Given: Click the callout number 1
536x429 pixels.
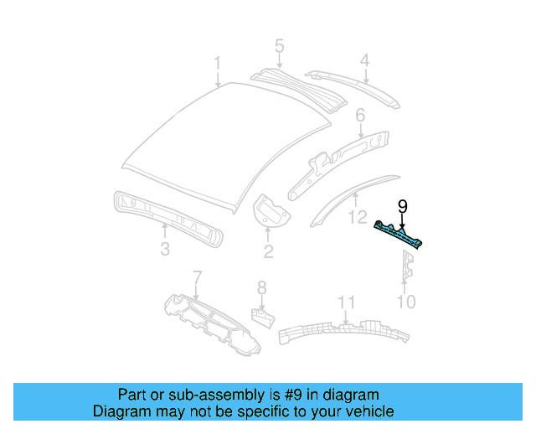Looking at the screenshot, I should pos(217,64).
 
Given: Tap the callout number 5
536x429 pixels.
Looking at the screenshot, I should pos(279,46).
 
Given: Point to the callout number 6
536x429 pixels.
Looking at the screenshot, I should pos(360,115).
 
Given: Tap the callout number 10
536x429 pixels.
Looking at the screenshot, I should pos(405,302).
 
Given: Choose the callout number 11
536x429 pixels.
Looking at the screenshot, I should pos(346,302).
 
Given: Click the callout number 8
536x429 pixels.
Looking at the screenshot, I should pos(261,287).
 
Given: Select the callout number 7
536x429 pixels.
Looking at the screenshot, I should pos(198,277).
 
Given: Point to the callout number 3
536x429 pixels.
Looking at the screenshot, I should pos(165,249).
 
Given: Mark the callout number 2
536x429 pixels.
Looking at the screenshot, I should pos(268,251).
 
